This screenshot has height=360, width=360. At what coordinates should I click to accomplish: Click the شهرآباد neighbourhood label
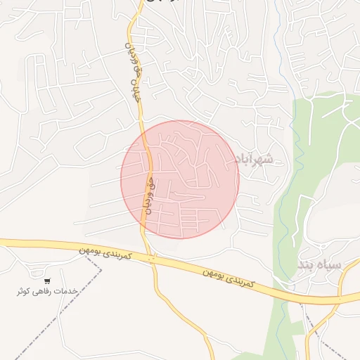tap(251, 160)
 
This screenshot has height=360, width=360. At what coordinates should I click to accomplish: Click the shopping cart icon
tap(47, 280)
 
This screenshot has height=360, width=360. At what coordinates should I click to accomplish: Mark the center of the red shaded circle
tap(180, 179)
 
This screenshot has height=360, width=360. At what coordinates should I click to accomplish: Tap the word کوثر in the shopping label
tap(26, 290)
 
